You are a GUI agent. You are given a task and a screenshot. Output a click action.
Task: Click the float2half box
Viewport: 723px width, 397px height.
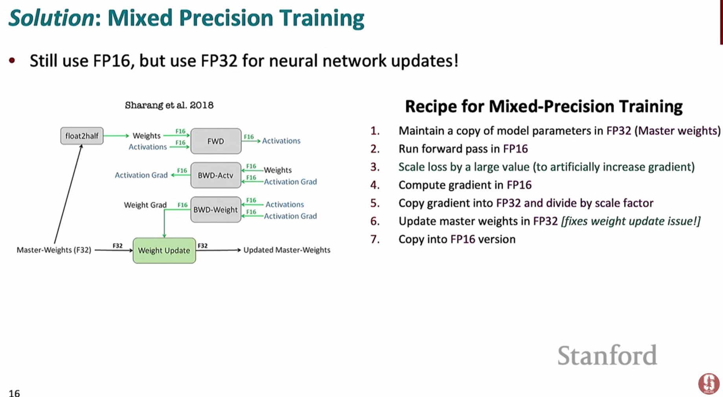click(x=82, y=136)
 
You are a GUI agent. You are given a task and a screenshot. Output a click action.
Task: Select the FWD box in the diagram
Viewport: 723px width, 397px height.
click(x=216, y=141)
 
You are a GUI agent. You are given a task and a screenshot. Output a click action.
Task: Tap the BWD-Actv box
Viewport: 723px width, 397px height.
click(x=216, y=175)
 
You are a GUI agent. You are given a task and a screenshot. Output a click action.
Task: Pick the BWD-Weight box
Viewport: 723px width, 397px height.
click(x=216, y=210)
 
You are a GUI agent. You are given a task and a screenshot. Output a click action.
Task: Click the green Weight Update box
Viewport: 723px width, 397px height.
click(x=164, y=250)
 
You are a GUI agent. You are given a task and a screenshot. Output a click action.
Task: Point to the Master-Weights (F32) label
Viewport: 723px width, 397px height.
click(x=54, y=250)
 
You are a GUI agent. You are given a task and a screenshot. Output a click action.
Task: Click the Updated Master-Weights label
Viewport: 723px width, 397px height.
click(x=287, y=250)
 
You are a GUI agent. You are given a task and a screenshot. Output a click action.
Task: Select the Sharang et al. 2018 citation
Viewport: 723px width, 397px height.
click(x=169, y=105)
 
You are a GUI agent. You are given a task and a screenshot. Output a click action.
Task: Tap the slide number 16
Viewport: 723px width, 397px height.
click(x=14, y=393)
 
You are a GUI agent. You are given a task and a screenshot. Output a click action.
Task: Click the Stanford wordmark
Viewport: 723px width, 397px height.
click(x=607, y=355)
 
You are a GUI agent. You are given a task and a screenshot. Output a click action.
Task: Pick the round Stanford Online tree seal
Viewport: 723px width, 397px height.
click(x=709, y=384)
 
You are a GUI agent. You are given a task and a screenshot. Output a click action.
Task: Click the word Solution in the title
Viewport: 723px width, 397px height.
click(x=52, y=18)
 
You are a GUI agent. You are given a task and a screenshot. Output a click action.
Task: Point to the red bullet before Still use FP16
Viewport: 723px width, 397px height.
click(x=12, y=61)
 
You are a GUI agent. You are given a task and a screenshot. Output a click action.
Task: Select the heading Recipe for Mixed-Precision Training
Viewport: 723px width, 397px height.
click(x=544, y=107)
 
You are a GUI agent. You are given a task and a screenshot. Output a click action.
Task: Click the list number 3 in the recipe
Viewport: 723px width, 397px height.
click(x=375, y=167)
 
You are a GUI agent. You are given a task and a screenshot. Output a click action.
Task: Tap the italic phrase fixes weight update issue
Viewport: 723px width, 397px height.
click(x=631, y=221)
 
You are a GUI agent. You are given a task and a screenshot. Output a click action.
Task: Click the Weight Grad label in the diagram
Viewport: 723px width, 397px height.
click(x=145, y=205)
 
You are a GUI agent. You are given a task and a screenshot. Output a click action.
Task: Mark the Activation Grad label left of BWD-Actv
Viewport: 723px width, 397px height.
click(x=141, y=175)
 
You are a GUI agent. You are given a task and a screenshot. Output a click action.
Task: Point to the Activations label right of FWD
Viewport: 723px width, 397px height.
click(x=281, y=141)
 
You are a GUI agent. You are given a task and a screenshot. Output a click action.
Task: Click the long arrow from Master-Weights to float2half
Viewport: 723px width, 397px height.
click(x=68, y=194)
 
